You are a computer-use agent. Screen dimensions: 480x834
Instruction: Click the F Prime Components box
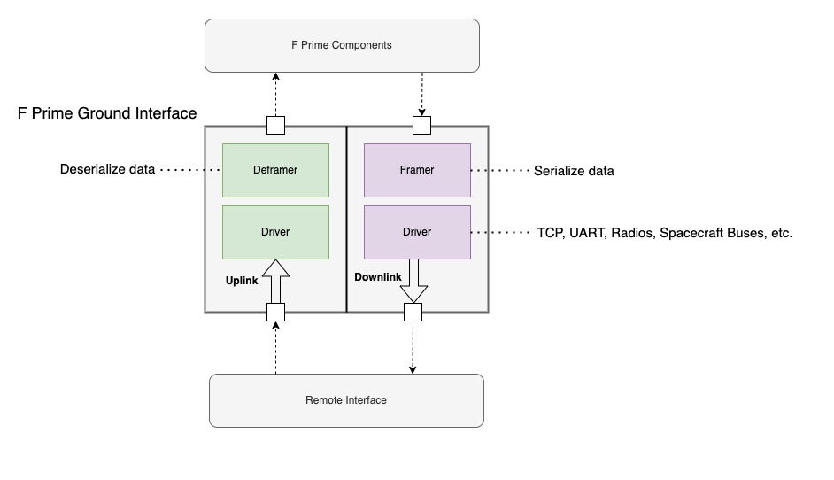(x=342, y=45)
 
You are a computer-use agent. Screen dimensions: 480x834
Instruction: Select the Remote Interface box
(x=346, y=400)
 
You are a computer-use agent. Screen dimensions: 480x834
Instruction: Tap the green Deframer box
(x=275, y=169)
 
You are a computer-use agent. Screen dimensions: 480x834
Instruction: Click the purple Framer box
(x=417, y=169)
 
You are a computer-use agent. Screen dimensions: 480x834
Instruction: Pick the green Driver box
(x=275, y=232)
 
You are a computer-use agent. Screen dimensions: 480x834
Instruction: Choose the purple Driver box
(x=417, y=232)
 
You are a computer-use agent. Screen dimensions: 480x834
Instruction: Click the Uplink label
(x=242, y=280)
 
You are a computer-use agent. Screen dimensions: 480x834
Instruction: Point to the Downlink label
(x=378, y=277)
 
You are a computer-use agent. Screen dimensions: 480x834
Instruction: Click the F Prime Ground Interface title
(x=107, y=113)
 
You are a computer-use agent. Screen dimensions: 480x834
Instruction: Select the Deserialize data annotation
(x=107, y=169)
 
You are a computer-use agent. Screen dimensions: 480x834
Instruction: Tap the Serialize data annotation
(x=574, y=171)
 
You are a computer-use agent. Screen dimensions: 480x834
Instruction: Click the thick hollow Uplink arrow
(x=276, y=282)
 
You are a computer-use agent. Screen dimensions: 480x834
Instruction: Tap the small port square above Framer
(x=421, y=125)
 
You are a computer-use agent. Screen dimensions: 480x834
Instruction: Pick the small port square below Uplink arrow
(x=276, y=312)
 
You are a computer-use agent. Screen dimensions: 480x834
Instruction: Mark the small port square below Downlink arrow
(x=413, y=312)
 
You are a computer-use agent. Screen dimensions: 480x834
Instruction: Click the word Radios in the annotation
(x=632, y=234)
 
